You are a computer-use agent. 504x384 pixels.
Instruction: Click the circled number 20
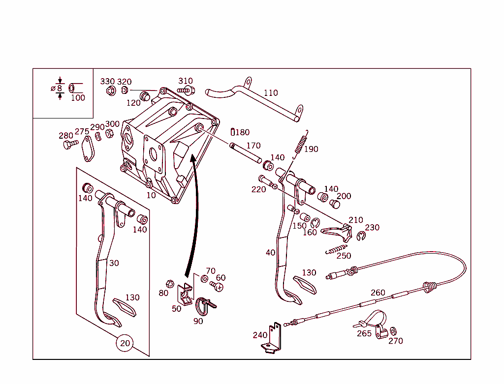point(125,343)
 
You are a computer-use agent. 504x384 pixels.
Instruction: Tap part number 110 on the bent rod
point(271,92)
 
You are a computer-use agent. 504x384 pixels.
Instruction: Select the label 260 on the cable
point(378,293)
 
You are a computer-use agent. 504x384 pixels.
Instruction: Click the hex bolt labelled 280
point(69,144)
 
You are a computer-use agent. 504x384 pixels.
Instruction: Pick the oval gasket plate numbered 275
point(88,149)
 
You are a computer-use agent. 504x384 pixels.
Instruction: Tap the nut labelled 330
point(111,90)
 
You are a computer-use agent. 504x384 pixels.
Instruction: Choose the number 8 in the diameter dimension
point(60,89)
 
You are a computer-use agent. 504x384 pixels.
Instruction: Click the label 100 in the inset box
point(78,97)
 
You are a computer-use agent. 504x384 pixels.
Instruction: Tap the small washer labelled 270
point(393,331)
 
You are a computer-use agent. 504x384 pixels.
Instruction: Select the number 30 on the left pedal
point(114,263)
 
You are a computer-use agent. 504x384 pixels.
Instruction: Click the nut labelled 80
point(169,284)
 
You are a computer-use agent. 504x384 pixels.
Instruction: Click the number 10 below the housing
point(151,195)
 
